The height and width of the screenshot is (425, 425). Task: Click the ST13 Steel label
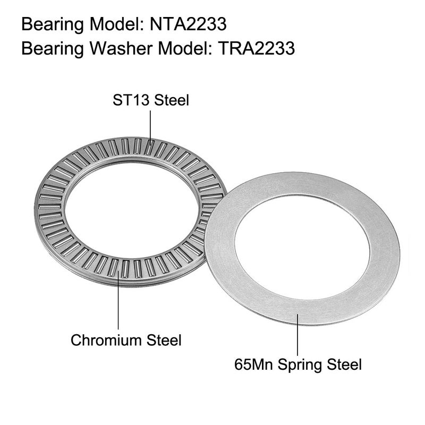coord(151,100)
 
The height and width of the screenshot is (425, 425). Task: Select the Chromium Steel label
coord(126,339)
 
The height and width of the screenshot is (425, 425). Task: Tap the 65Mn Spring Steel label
coord(297,364)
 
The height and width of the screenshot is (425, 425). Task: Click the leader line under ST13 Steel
coord(151,125)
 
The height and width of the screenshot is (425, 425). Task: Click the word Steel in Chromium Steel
coord(163,339)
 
